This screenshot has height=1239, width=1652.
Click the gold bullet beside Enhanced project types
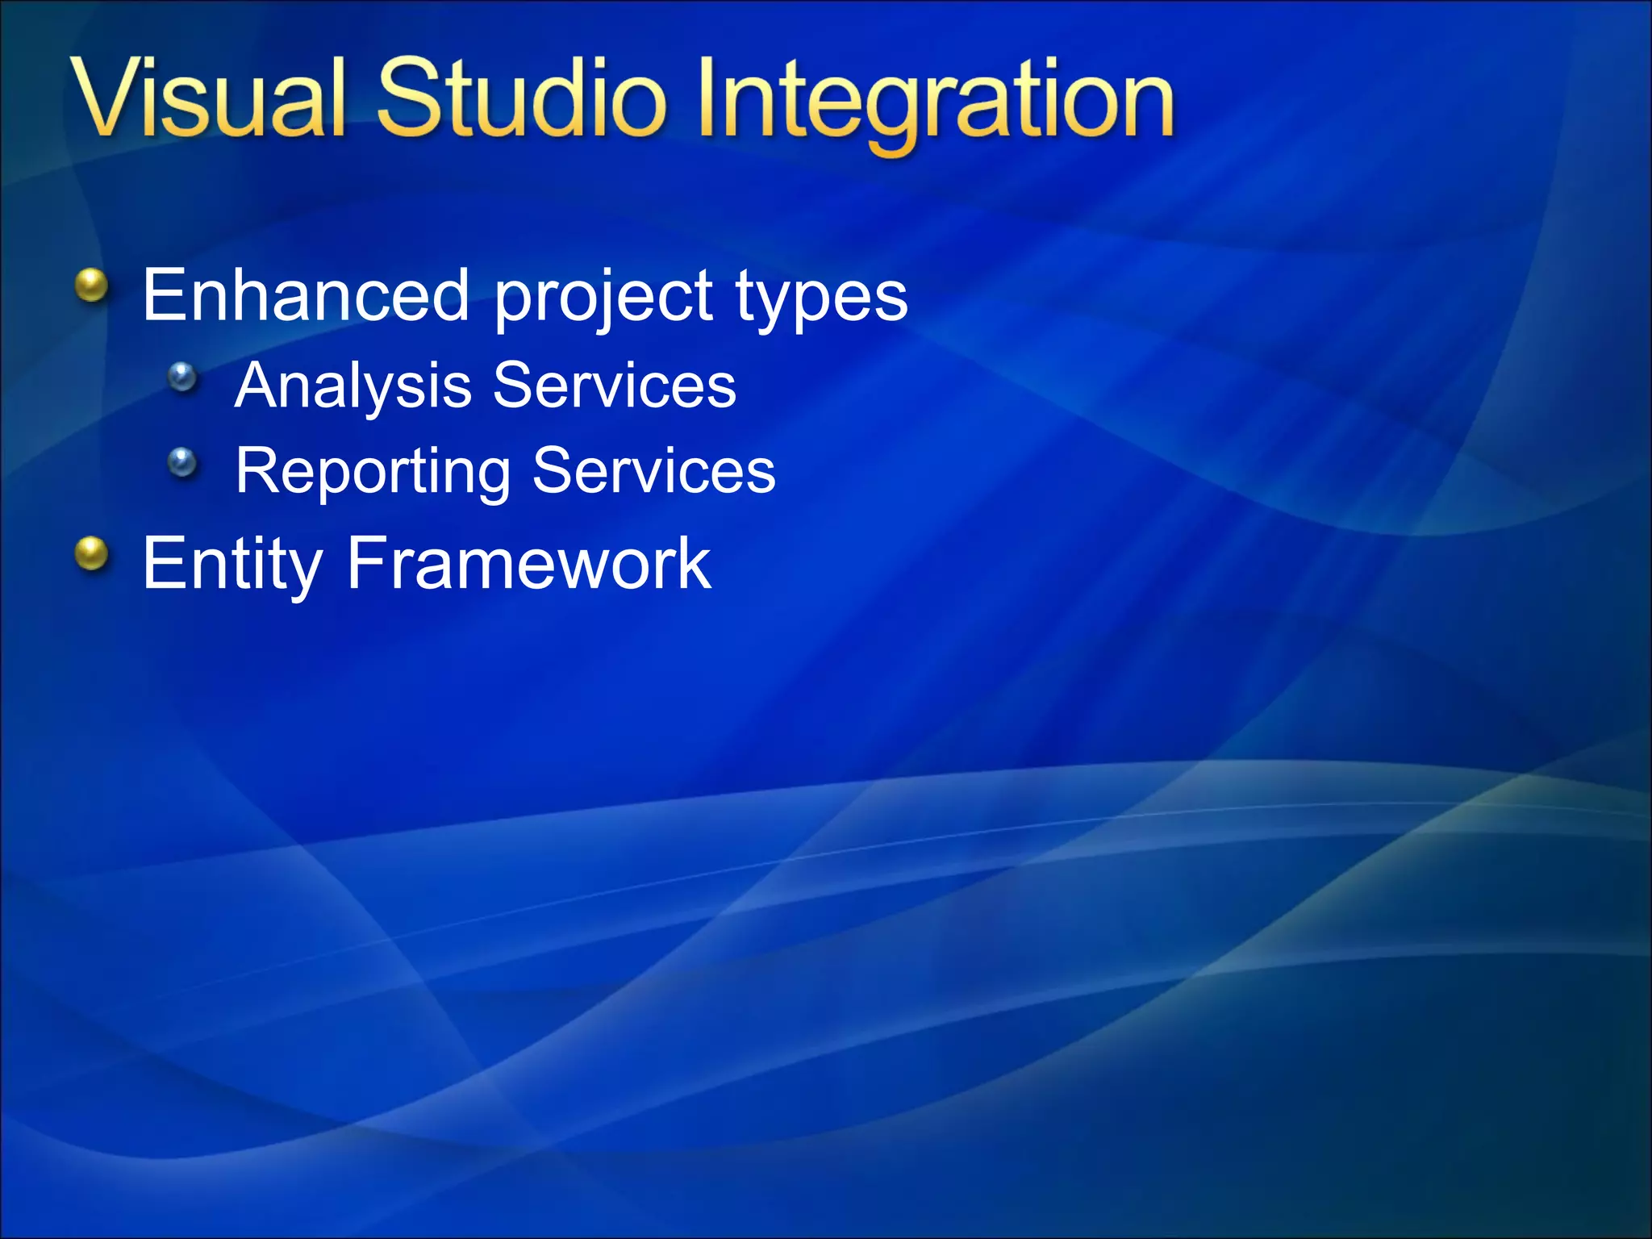tap(92, 286)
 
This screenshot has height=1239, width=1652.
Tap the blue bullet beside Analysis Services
tap(183, 377)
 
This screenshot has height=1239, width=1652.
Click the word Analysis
tap(353, 386)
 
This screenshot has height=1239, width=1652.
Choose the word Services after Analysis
tap(614, 386)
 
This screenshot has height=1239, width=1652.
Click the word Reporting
tap(373, 472)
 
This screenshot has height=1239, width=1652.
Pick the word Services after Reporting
tap(653, 471)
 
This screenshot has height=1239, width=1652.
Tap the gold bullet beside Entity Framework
tap(92, 554)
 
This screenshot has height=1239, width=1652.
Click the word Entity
tap(232, 564)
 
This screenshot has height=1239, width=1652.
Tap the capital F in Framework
tap(362, 562)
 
